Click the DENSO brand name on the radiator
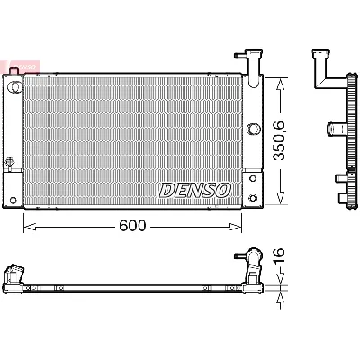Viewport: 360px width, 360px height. click(195, 190)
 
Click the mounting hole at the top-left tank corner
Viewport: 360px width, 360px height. click(14, 85)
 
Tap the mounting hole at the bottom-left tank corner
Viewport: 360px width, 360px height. click(13, 199)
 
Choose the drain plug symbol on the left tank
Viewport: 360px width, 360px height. click(11, 164)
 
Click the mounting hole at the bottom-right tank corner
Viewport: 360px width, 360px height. click(255, 198)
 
